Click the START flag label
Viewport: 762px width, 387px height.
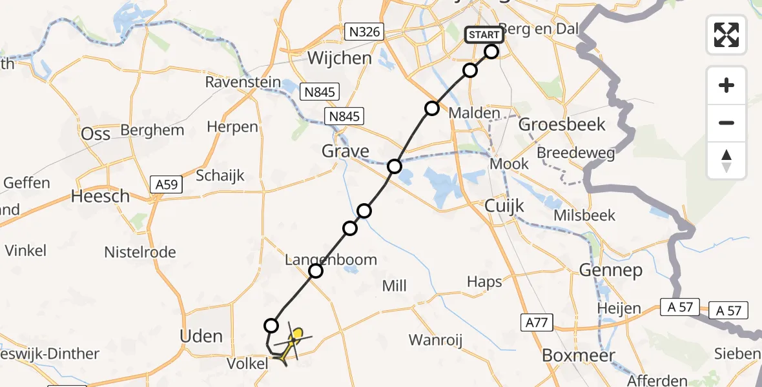click(484, 34)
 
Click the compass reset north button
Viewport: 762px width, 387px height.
click(726, 161)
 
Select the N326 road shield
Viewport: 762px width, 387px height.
click(364, 32)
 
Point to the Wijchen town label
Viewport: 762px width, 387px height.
click(340, 58)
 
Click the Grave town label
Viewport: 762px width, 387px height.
click(346, 152)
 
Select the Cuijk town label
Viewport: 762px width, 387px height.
click(505, 206)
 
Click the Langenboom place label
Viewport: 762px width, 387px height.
click(331, 260)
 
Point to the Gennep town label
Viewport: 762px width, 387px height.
click(610, 270)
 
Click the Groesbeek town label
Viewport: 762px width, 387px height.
click(562, 124)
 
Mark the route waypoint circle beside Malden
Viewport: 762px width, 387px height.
click(431, 108)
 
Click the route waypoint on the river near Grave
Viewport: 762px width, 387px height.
click(395, 166)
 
